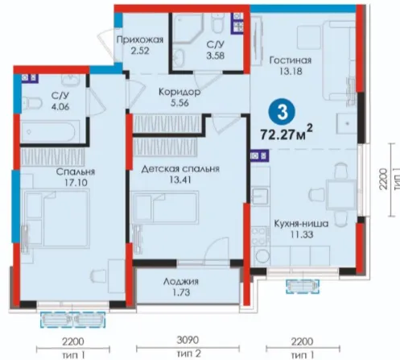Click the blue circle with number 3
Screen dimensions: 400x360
pos(282,112)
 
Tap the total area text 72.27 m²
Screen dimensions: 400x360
pos(287,133)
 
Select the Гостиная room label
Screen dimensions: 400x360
pos(291,60)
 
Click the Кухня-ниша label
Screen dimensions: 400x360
pos(301,223)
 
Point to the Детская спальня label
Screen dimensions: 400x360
pos(180,169)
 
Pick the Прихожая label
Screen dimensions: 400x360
pos(140,40)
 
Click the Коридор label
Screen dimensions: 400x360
pos(179,92)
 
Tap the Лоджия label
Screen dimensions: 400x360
pos(181,282)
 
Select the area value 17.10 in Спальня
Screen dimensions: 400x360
pos(76,183)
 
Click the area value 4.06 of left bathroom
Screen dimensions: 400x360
pos(60,106)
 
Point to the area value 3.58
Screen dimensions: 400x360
pos(215,56)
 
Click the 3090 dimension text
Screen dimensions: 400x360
pos(188,340)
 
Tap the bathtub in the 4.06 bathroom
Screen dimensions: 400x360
pos(50,131)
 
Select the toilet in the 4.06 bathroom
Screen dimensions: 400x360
pos(31,103)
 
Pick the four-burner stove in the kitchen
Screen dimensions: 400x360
pos(260,236)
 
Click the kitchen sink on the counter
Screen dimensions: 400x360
pos(260,197)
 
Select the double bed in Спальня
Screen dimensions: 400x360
pos(57,217)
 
